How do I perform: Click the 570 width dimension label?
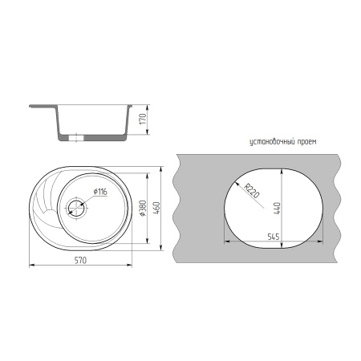(80, 260)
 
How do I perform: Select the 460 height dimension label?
(156, 208)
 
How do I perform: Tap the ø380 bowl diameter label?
(143, 209)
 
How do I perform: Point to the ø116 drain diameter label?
(100, 192)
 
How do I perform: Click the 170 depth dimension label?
(144, 119)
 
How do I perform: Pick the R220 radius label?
(252, 191)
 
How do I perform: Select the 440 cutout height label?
(277, 208)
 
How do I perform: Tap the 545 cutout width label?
(274, 237)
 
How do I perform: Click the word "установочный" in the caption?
(272, 142)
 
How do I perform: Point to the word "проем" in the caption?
(307, 142)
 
